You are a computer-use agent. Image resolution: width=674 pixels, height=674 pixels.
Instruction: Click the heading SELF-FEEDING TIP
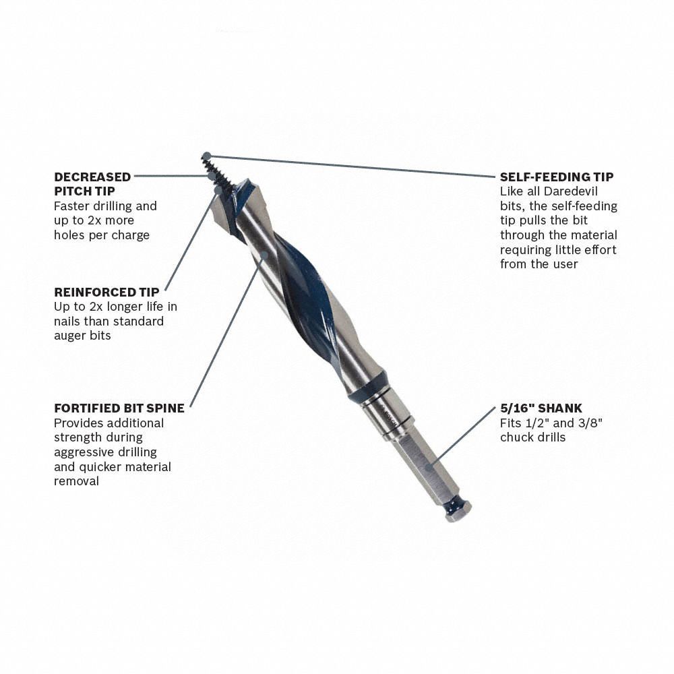point(556,177)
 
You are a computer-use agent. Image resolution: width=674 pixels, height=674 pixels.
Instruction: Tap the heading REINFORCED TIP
point(106,292)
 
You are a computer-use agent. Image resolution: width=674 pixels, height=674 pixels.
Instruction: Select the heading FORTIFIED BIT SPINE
point(119,408)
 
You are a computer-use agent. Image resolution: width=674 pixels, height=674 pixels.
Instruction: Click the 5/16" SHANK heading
point(541,408)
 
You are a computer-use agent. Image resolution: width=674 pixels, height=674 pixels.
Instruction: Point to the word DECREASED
point(92,177)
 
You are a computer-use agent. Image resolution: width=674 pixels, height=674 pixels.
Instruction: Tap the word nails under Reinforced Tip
point(69,321)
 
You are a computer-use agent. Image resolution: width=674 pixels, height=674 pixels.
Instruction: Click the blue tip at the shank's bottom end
point(458,507)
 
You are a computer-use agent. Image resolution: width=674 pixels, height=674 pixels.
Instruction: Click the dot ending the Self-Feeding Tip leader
point(206,156)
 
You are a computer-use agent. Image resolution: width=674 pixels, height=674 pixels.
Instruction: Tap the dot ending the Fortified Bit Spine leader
point(264,255)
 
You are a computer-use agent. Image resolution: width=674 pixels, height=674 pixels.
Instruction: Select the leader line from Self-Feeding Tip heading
point(350,166)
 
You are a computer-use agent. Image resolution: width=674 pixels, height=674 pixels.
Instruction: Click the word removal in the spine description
point(76,481)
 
